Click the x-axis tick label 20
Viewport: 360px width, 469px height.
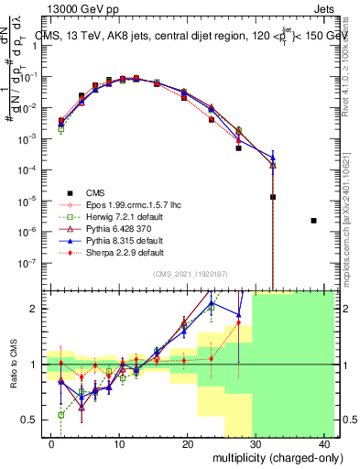click(187, 442)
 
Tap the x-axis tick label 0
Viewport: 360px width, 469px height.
click(50, 442)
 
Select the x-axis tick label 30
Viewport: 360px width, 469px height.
click(256, 442)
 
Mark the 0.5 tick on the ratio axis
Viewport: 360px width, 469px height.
click(28, 420)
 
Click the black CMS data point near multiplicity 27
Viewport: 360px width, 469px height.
click(238, 147)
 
